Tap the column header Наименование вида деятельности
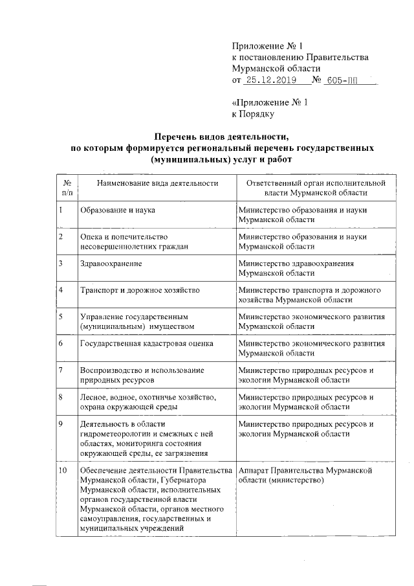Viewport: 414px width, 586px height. click(x=156, y=183)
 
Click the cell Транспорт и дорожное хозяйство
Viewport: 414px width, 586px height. click(x=140, y=290)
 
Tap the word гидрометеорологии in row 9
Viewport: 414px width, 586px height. click(x=114, y=434)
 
